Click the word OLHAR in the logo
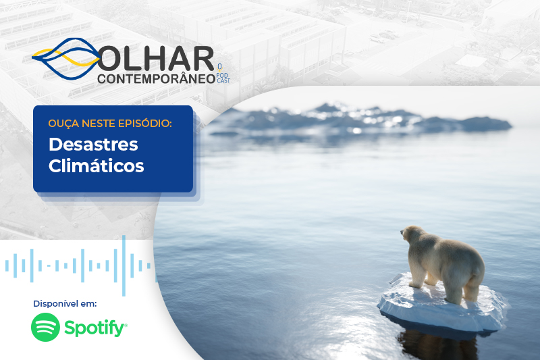click(x=156, y=59)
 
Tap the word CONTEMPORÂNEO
click(x=157, y=78)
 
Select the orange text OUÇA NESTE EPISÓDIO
click(x=110, y=123)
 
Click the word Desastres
click(x=93, y=145)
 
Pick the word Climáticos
click(x=96, y=166)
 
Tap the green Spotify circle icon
click(x=45, y=327)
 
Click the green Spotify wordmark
click(x=95, y=328)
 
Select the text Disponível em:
click(x=65, y=303)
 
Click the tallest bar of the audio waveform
click(x=124, y=265)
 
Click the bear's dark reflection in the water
click(x=437, y=344)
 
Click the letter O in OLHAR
click(x=109, y=59)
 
